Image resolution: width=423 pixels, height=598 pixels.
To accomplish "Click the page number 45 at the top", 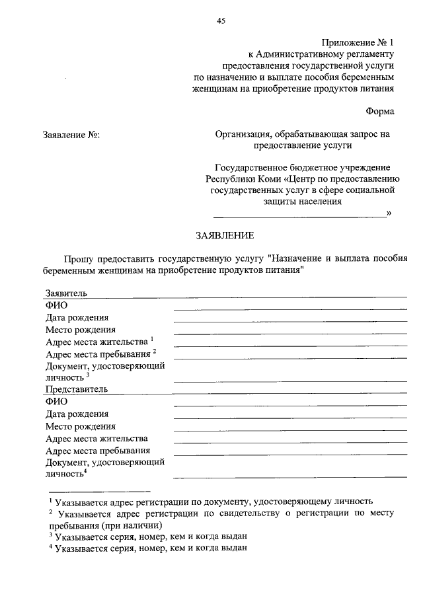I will (221, 20).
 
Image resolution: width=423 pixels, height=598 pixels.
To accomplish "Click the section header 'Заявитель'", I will (66, 293).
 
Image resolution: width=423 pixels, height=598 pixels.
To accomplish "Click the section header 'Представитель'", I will (76, 389).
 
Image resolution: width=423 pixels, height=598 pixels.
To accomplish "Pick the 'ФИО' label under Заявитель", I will (57, 305).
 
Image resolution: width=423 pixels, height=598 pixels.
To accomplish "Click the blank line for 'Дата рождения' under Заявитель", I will (289, 320).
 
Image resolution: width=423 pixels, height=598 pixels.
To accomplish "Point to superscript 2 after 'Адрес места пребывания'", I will (154, 352).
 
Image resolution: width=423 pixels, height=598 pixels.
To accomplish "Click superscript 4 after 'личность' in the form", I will (86, 470).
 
